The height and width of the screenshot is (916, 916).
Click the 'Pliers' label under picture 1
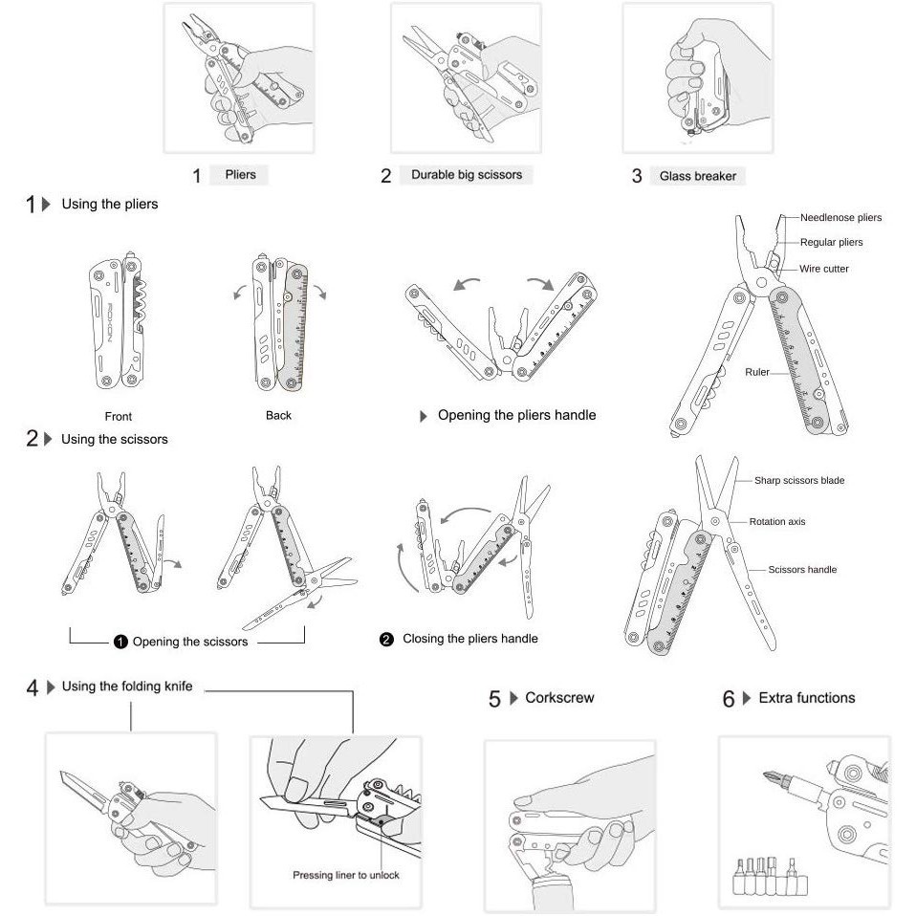coord(240,175)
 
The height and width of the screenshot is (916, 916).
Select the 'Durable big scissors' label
coord(467,175)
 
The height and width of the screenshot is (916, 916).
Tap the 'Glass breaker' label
coord(697,176)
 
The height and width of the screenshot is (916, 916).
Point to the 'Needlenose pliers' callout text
coord(840,217)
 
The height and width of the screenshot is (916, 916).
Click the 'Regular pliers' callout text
coord(831,243)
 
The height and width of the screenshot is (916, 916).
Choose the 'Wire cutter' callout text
coord(823,269)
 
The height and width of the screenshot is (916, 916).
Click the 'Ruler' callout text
coord(757,371)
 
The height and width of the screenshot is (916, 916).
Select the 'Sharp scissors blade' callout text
coord(798,480)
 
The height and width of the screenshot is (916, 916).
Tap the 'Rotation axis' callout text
coord(776,522)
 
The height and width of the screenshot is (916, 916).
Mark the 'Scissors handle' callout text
coord(802,569)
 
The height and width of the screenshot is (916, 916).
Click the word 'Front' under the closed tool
coord(119,416)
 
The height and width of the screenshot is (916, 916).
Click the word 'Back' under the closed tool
coord(278,415)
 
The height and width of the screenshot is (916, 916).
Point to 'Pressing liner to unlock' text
coord(346,875)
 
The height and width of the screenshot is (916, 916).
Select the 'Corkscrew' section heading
coord(559,698)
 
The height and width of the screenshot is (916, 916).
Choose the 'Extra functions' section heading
coord(806,698)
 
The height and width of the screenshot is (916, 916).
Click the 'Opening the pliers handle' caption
coord(516,415)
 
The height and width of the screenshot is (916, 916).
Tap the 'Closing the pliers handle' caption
coord(469,638)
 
